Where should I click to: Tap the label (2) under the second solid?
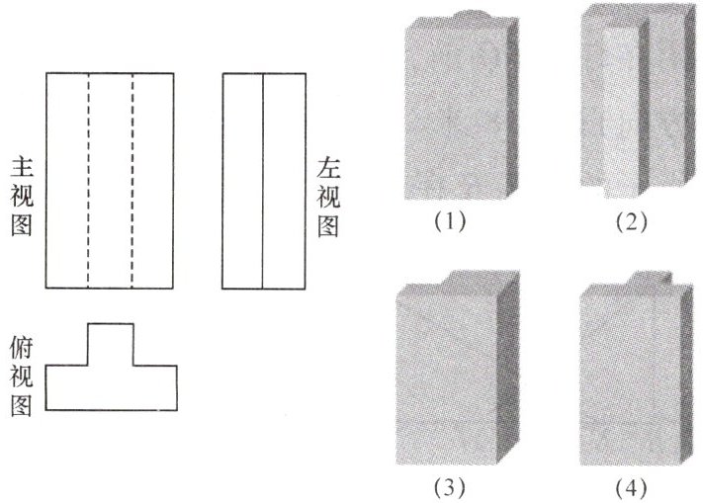tap(630, 222)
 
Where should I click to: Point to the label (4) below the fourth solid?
tap(630, 487)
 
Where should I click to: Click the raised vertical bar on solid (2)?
tap(621, 109)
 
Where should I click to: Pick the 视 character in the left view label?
tap(329, 196)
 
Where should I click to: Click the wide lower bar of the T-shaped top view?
tap(111, 386)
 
